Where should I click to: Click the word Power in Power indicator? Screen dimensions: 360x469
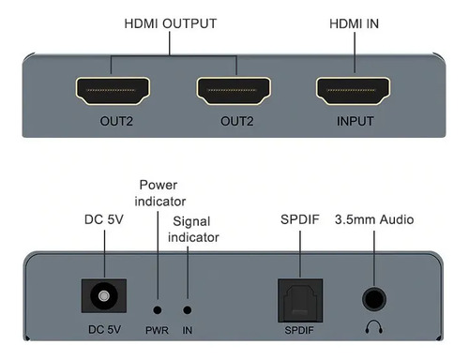[x=157, y=185]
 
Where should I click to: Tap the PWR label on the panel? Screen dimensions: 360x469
[x=157, y=330]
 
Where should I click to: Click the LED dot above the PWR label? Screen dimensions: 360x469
[x=157, y=308]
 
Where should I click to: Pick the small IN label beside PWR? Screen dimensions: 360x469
[x=188, y=330]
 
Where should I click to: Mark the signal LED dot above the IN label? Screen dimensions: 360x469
[x=188, y=308]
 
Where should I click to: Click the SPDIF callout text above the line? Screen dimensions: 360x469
[x=300, y=220]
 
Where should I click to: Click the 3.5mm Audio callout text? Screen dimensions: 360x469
[x=374, y=220]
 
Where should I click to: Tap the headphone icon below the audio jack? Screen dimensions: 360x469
[x=374, y=329]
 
